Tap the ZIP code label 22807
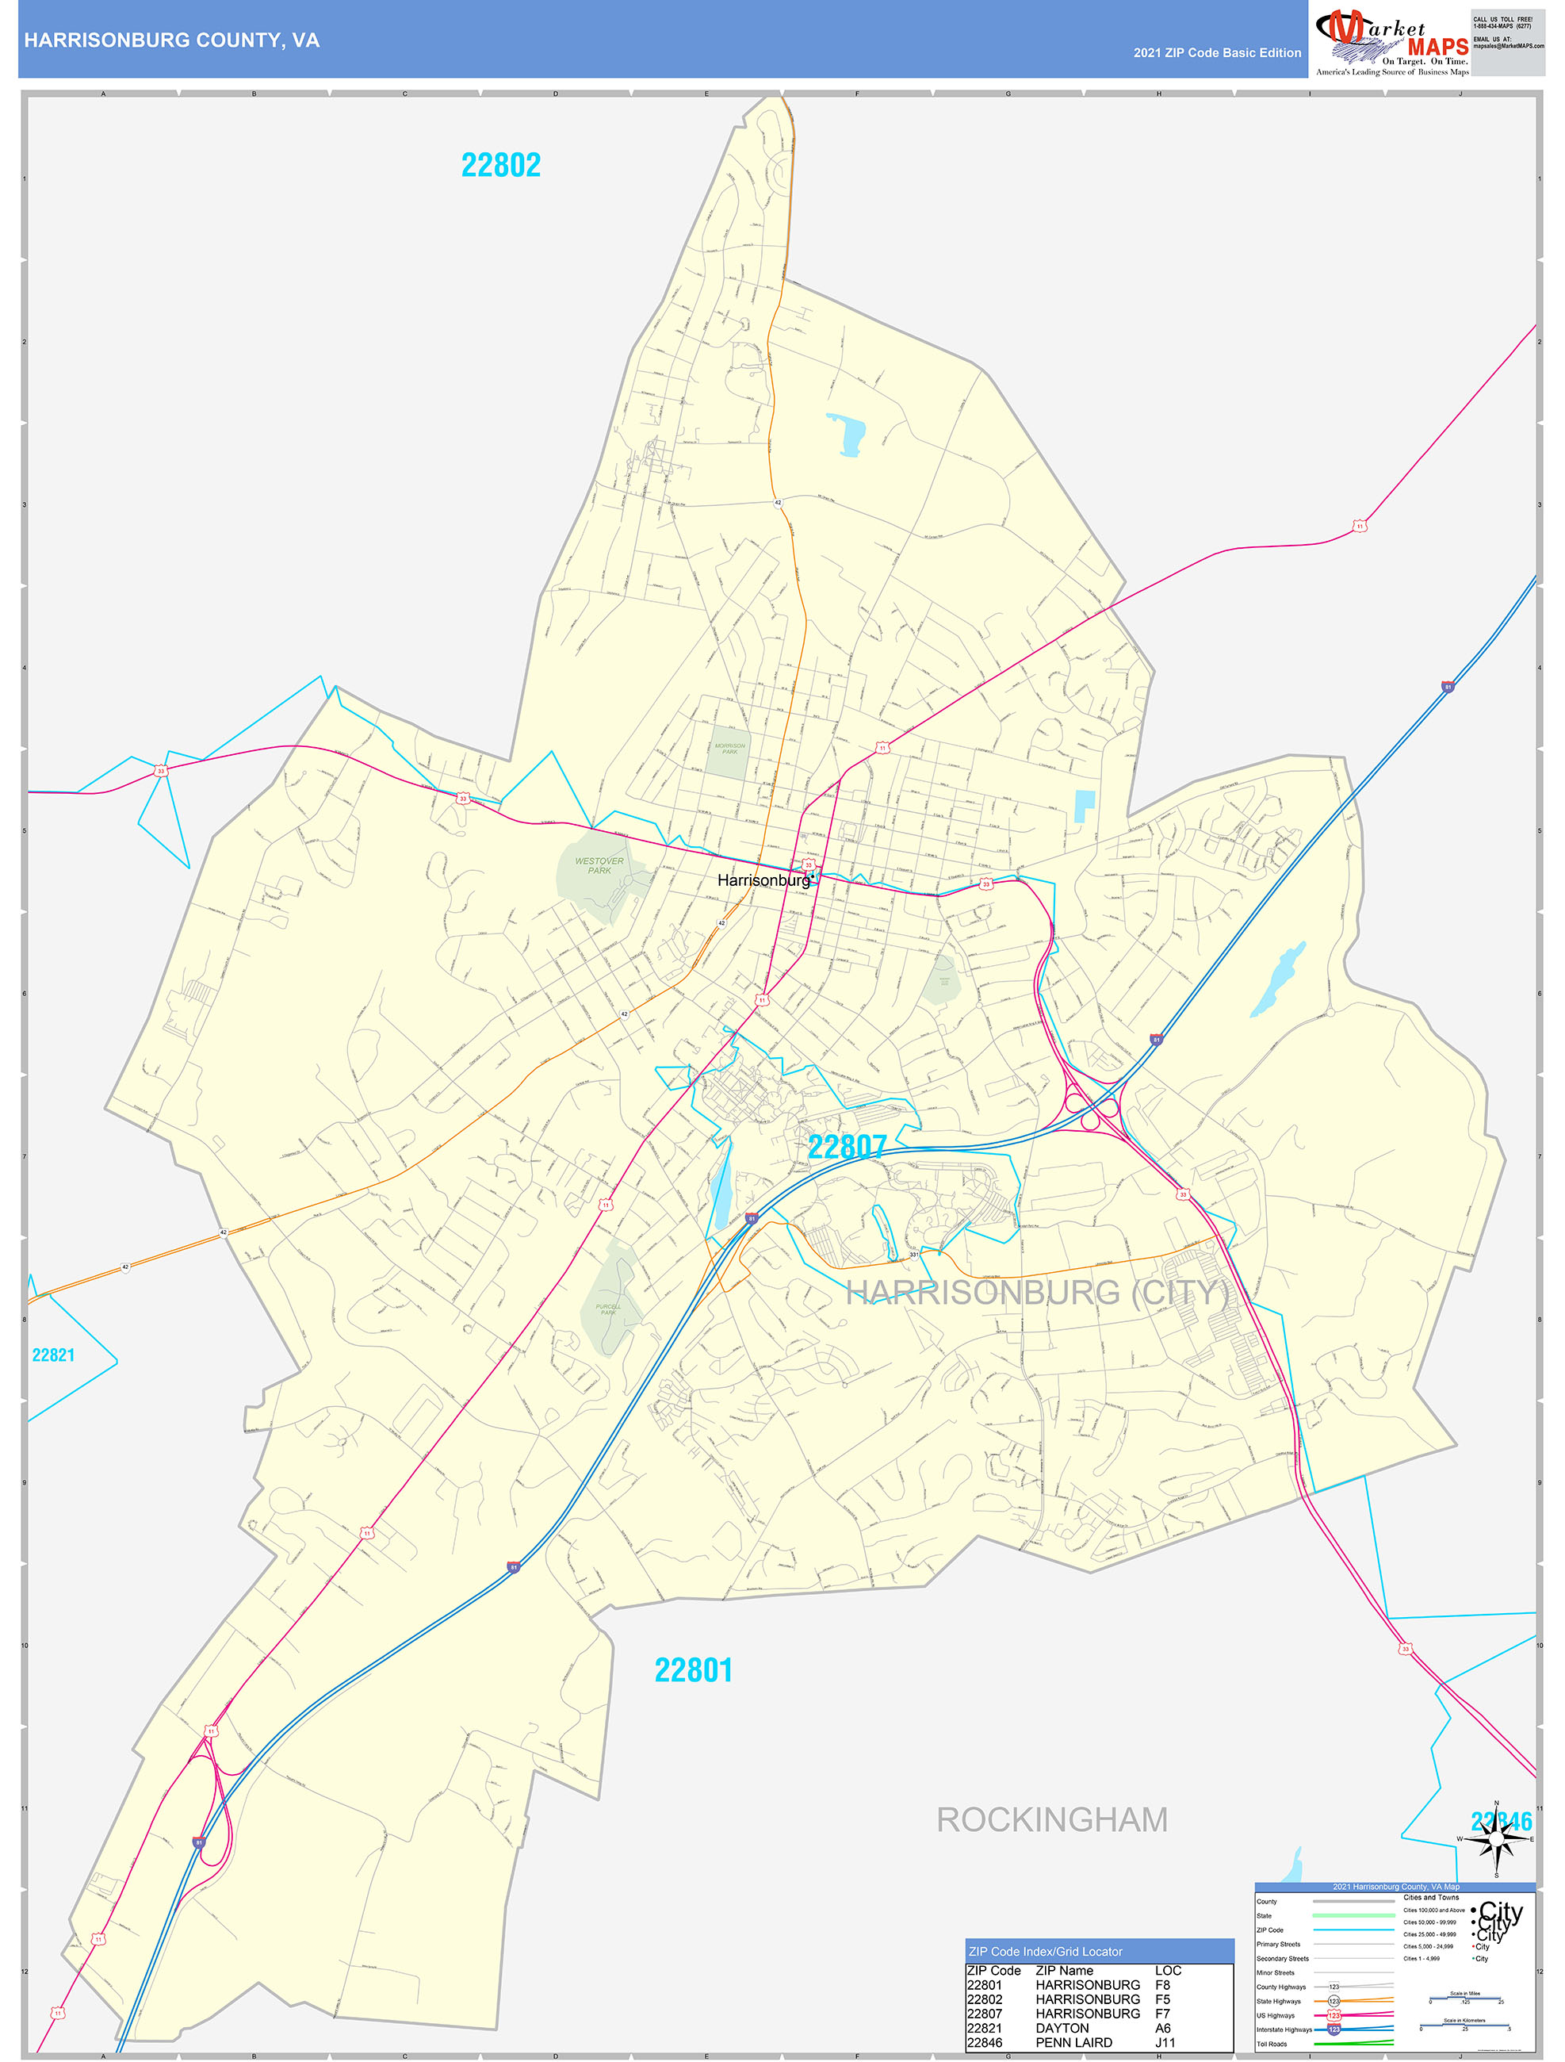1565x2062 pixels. tap(847, 1148)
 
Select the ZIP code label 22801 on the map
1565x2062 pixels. tap(693, 1669)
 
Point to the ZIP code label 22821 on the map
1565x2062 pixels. tap(53, 1355)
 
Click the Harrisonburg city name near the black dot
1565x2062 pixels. tap(763, 880)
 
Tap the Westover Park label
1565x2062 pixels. tap(599, 866)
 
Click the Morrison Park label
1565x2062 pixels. tap(730, 749)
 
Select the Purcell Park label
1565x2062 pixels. tap(608, 1309)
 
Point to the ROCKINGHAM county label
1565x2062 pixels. tap(1051, 1819)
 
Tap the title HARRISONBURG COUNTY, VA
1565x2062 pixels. tap(171, 40)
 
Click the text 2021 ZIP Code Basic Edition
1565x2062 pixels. tap(1216, 53)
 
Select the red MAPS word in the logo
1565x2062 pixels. tap(1437, 47)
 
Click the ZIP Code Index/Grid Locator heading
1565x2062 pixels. tap(1045, 1951)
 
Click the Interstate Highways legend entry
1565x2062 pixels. tap(1284, 2029)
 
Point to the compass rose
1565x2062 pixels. tap(1496, 1839)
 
